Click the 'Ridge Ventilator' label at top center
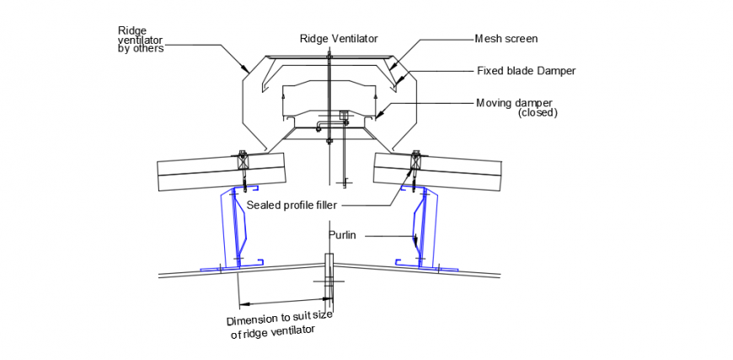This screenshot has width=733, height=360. (x=339, y=38)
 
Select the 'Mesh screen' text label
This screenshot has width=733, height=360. (x=506, y=38)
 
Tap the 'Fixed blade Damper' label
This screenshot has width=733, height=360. (x=526, y=71)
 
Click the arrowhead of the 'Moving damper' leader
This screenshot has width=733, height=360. (x=378, y=115)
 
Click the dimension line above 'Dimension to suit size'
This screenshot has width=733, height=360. (x=282, y=301)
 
